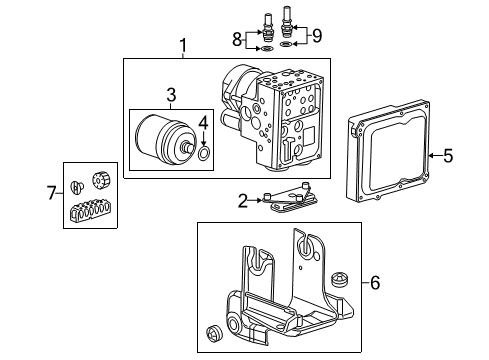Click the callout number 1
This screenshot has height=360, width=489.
click(x=182, y=45)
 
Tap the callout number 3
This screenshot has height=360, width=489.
click(x=170, y=94)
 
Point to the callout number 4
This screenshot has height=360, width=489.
click(x=203, y=124)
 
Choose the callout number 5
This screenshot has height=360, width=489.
click(x=447, y=155)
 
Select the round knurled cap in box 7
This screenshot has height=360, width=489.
click(x=100, y=181)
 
